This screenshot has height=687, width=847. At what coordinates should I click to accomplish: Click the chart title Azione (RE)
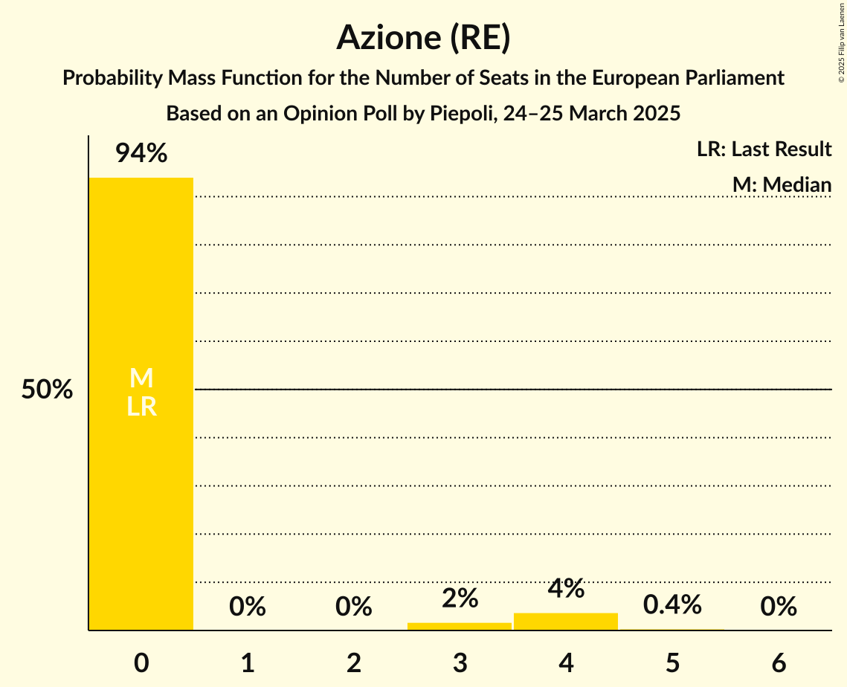pos(423,37)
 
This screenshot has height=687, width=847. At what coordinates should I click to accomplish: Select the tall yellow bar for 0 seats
pos(141,483)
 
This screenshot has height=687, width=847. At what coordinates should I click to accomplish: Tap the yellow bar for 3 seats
pos(460,626)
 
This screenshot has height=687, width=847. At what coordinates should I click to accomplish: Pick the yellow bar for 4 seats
pos(566,622)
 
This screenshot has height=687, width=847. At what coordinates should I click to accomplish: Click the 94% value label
pos(141,154)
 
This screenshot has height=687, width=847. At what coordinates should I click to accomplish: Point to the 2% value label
pos(460,598)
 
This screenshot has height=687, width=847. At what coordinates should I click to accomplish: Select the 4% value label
pos(566,588)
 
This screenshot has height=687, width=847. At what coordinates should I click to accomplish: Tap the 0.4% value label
pos(672,605)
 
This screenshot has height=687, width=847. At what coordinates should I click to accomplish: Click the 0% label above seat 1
pos(248,607)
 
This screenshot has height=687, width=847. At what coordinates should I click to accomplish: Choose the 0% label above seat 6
pos(779,607)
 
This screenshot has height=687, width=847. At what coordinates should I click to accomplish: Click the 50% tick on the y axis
pos(47,390)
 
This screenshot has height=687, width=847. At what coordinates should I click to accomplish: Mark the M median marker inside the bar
pos(141,378)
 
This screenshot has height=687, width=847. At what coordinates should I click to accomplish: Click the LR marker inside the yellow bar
pos(141,407)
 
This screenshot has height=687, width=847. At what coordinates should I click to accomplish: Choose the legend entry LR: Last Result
pos(764,149)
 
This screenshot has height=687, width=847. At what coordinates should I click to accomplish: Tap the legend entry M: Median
pos(782,184)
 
